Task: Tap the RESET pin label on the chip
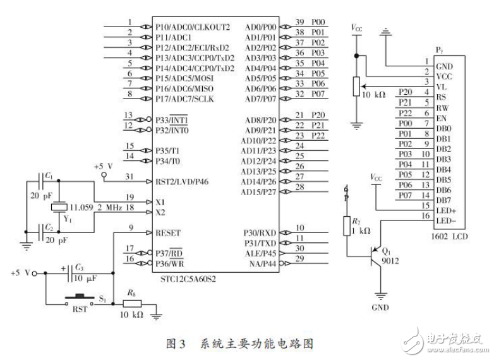pyautogui.click(x=168, y=233)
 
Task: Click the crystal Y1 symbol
pyautogui.click(x=59, y=206)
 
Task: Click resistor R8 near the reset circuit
pyautogui.click(x=131, y=304)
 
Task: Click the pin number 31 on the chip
pyautogui.click(x=130, y=176)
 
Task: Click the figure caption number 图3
pyautogui.click(x=176, y=344)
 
